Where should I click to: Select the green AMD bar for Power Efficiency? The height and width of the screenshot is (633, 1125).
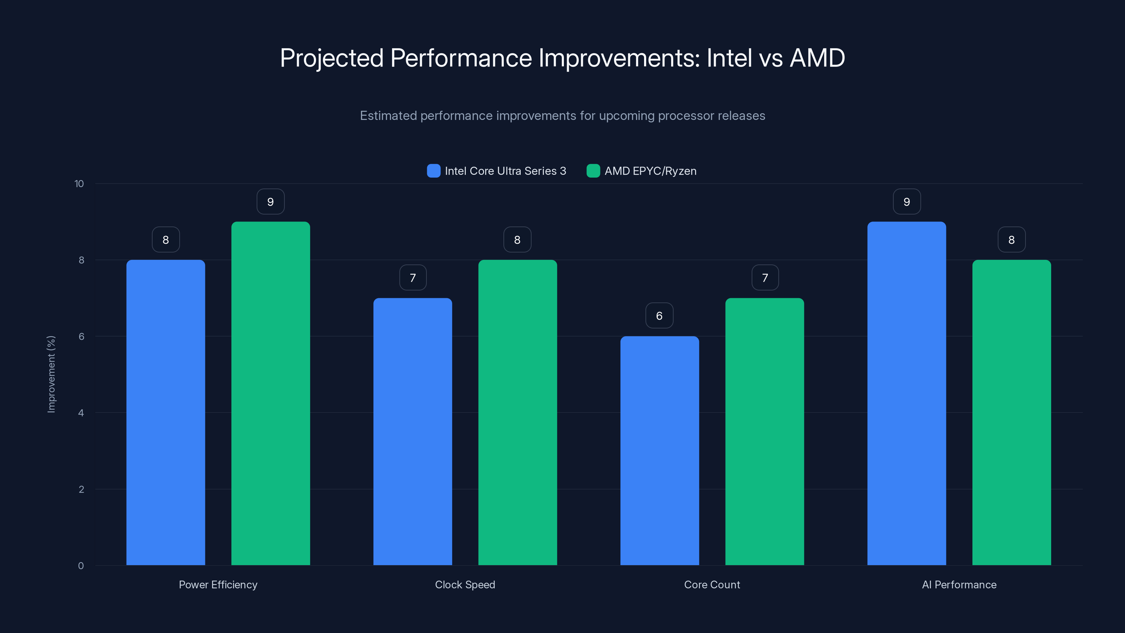pos(270,393)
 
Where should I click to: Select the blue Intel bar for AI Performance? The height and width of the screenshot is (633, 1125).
pos(907,393)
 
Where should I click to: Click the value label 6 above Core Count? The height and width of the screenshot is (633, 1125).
pos(660,315)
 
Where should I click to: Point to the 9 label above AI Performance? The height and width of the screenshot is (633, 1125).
pos(907,202)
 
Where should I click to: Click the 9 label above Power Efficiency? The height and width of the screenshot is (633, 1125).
pos(270,202)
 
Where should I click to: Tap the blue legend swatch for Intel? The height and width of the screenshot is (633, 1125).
pos(433,171)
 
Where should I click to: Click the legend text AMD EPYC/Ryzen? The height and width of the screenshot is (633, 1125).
pos(650,171)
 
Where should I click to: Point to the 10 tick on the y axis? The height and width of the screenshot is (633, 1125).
pos(79,184)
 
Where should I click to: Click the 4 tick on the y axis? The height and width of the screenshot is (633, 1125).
pos(81,413)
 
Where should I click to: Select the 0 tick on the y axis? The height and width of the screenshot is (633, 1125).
pos(81,566)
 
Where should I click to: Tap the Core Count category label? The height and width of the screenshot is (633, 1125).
pos(712,584)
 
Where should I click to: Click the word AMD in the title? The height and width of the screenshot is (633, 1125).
pos(817,58)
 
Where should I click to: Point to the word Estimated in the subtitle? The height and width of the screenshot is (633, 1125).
pos(388,116)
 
